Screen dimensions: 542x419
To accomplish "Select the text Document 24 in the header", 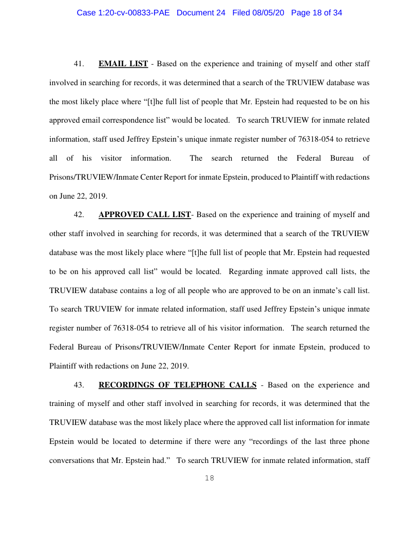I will (x=201, y=13).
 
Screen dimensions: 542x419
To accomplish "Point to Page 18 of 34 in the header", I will (x=316, y=13).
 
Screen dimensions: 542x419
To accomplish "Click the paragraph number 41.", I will (x=79, y=64).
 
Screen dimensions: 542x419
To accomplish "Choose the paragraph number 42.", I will (x=79, y=215).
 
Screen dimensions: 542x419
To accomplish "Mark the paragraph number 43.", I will (x=79, y=385).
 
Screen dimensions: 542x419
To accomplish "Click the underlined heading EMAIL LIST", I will (x=123, y=64).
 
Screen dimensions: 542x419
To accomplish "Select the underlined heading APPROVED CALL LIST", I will (x=144, y=215).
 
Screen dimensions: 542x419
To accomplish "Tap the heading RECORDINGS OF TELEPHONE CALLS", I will (x=177, y=385).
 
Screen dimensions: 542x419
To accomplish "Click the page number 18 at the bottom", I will (x=209, y=478).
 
